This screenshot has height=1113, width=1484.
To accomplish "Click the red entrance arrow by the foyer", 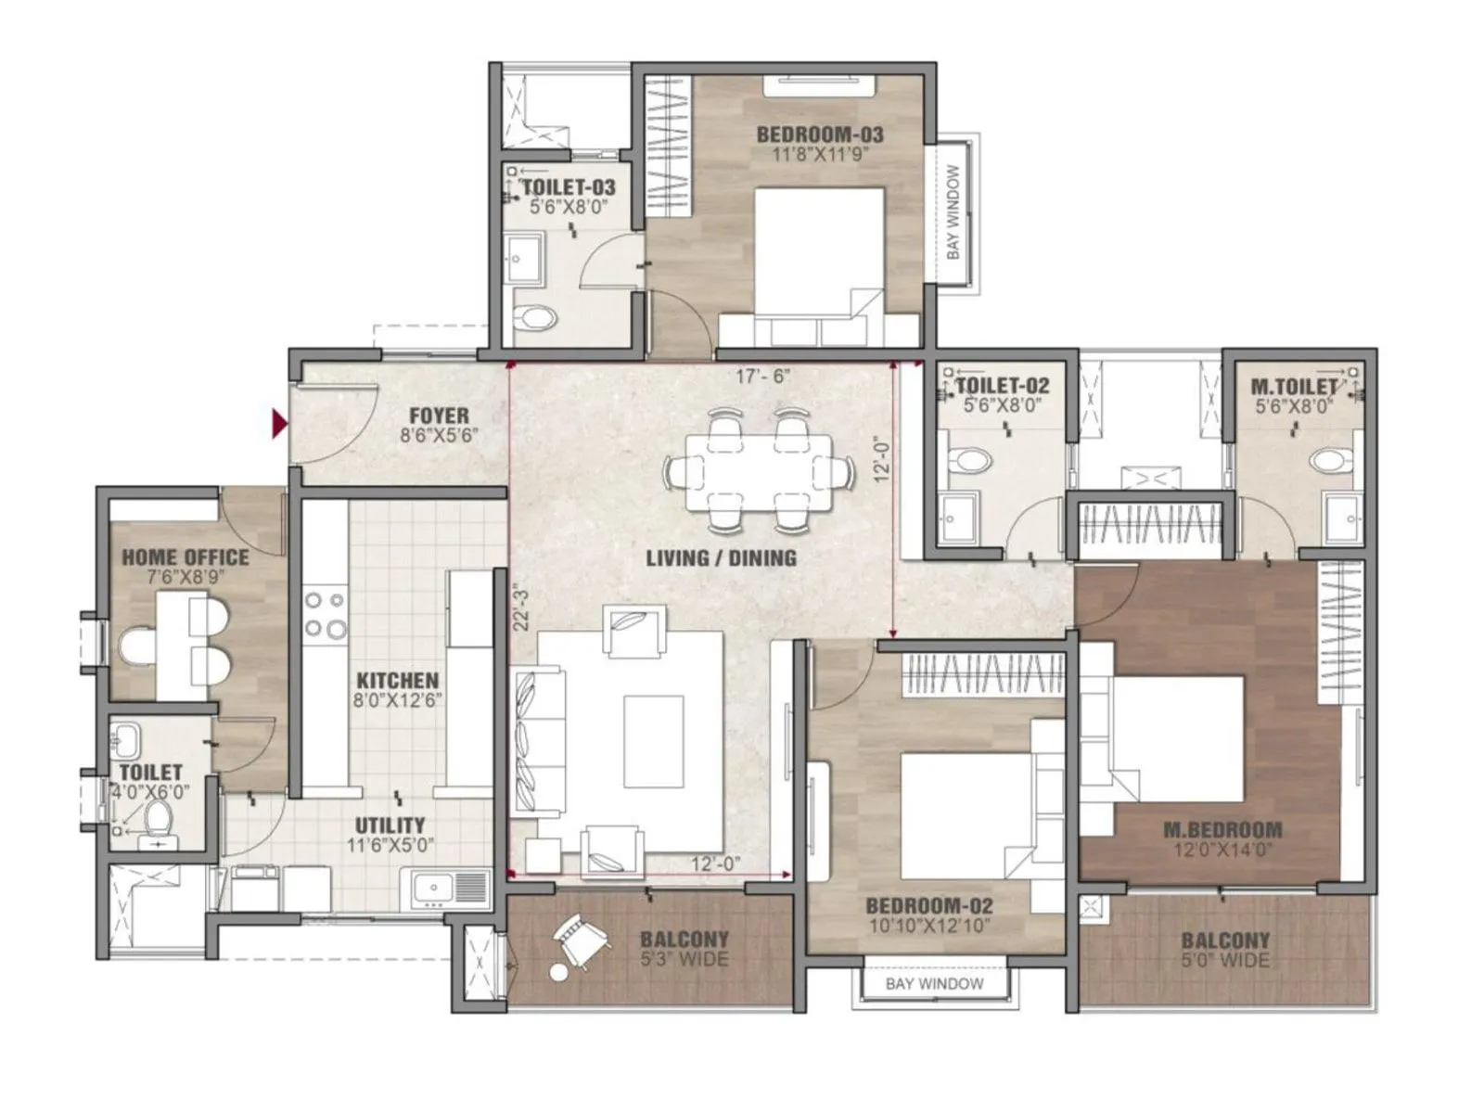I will pos(278,424).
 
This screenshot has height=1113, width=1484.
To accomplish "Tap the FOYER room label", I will pos(440,416).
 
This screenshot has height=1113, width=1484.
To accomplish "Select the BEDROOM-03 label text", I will pos(820,134).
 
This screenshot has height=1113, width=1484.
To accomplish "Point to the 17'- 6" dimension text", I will pos(761,377).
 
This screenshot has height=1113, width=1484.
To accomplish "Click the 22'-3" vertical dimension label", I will pos(521,607).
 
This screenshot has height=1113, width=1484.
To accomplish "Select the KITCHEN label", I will pos(397,680).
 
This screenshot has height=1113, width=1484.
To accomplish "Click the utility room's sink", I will pos(433,888).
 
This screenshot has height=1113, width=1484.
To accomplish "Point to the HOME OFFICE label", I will pos(185,557).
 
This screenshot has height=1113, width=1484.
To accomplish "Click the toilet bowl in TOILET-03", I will pos(535,319).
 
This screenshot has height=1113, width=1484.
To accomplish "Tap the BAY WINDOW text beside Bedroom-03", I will pos(953,212).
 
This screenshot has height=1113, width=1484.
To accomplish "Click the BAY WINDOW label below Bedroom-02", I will pos(934,983).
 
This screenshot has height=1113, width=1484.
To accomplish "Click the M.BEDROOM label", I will pos(1222,830).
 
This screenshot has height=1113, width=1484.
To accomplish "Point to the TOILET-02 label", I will pos(1003,386).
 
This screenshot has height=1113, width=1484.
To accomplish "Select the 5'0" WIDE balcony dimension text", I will pos(1224,961).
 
